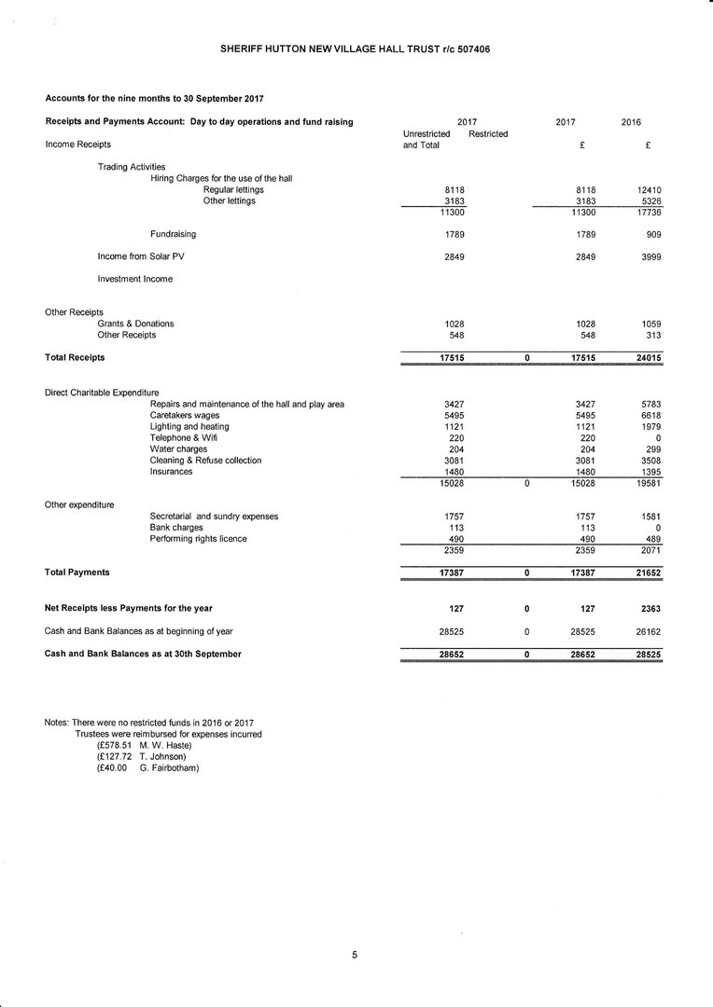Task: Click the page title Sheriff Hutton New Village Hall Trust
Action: point(355,48)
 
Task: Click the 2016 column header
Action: point(631,122)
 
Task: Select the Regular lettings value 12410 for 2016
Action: point(649,190)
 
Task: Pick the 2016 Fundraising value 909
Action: point(652,234)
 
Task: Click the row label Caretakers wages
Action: point(185,415)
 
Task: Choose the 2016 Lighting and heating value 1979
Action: point(651,427)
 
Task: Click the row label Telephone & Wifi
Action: point(183,438)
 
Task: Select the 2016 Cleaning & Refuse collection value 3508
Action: point(651,461)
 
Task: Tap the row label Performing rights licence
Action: point(199,539)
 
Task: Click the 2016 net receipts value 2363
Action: point(651,609)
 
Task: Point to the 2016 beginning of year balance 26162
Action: point(649,631)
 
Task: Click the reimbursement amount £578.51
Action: point(114,746)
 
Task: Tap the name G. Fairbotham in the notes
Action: point(170,768)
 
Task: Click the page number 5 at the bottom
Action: point(355,954)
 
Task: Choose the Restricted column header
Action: point(488,134)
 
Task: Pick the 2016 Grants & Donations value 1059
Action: point(651,324)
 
